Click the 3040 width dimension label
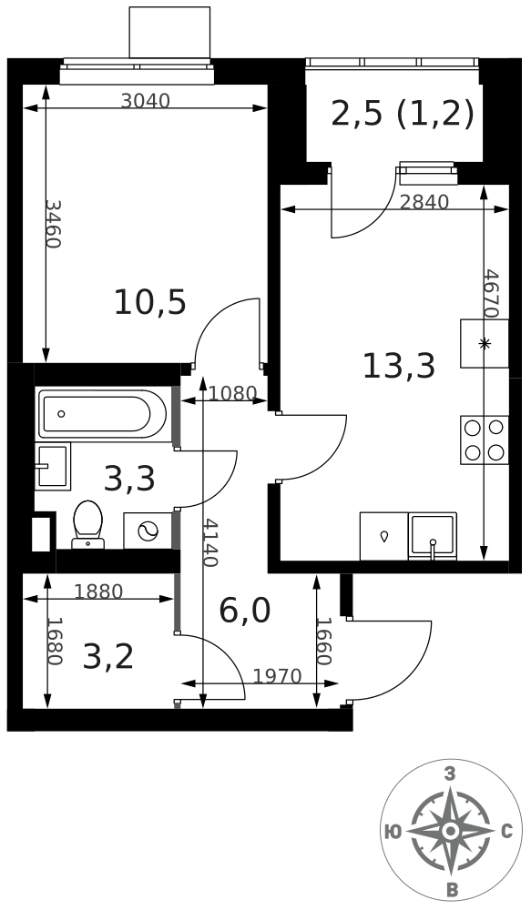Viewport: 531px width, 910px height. click(x=145, y=101)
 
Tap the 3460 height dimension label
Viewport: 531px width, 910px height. click(x=53, y=224)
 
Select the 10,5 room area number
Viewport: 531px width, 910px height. click(x=150, y=303)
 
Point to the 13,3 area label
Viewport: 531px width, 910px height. click(x=399, y=366)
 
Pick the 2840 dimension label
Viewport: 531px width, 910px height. click(x=424, y=202)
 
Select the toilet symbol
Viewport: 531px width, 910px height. click(x=87, y=524)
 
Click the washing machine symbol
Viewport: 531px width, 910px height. click(x=148, y=531)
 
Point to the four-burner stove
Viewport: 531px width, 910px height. click(x=485, y=440)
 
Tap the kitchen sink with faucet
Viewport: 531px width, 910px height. click(x=433, y=536)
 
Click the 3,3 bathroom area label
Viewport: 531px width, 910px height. click(x=129, y=480)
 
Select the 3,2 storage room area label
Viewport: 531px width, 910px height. click(x=108, y=658)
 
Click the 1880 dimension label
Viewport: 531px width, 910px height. click(x=98, y=591)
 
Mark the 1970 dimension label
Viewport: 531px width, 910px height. click(x=278, y=676)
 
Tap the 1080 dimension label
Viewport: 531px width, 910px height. click(x=232, y=393)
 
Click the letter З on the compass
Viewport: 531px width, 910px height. click(x=449, y=773)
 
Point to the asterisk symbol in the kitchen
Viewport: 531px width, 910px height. click(x=484, y=344)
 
